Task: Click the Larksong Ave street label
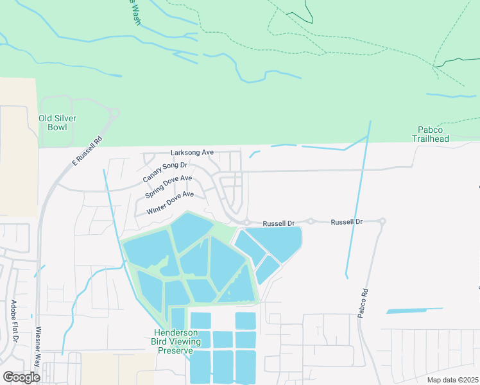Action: (192, 153)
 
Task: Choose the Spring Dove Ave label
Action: (168, 187)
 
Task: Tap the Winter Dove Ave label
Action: (170, 203)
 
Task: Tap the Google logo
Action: (21, 377)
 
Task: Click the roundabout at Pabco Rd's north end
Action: (382, 221)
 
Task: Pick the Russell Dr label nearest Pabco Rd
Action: (347, 221)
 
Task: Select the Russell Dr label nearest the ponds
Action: (279, 223)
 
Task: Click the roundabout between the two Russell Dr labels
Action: (311, 221)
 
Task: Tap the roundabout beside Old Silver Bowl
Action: (115, 113)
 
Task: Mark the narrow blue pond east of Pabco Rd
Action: (415, 311)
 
